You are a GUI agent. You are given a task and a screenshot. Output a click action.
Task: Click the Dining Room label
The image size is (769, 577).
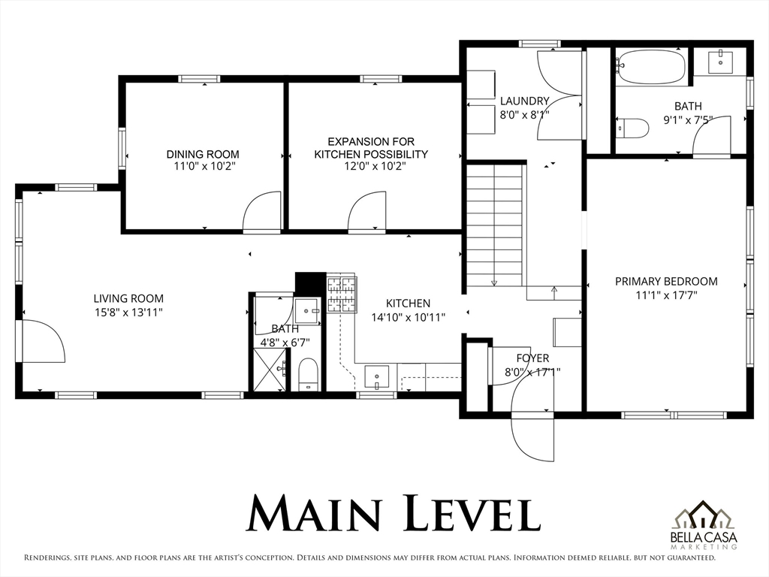(x=203, y=154)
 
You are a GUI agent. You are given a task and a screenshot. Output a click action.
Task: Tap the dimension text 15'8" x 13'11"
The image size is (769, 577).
(x=129, y=312)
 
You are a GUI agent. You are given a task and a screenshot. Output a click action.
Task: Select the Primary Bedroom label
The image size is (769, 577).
(x=667, y=282)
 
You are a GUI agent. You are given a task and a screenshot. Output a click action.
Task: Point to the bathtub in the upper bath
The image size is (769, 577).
(x=651, y=67)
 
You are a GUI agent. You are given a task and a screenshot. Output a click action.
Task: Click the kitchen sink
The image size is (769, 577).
(x=377, y=378)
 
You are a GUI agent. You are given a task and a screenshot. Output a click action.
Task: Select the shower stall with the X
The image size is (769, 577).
(x=270, y=370)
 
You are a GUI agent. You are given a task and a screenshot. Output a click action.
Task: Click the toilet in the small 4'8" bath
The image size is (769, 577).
(x=308, y=374)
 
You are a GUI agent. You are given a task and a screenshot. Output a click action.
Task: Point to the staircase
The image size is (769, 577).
(x=496, y=225)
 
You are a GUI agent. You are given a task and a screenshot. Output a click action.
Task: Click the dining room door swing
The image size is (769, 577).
(x=262, y=210)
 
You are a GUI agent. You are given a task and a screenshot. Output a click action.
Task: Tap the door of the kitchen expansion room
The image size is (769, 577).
(x=367, y=210)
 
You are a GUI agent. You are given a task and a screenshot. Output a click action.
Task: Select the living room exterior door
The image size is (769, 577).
(x=43, y=341)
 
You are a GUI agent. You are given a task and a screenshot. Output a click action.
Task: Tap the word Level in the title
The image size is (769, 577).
(x=473, y=514)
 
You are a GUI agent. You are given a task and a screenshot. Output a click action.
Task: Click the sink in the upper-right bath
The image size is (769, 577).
(x=720, y=62)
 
